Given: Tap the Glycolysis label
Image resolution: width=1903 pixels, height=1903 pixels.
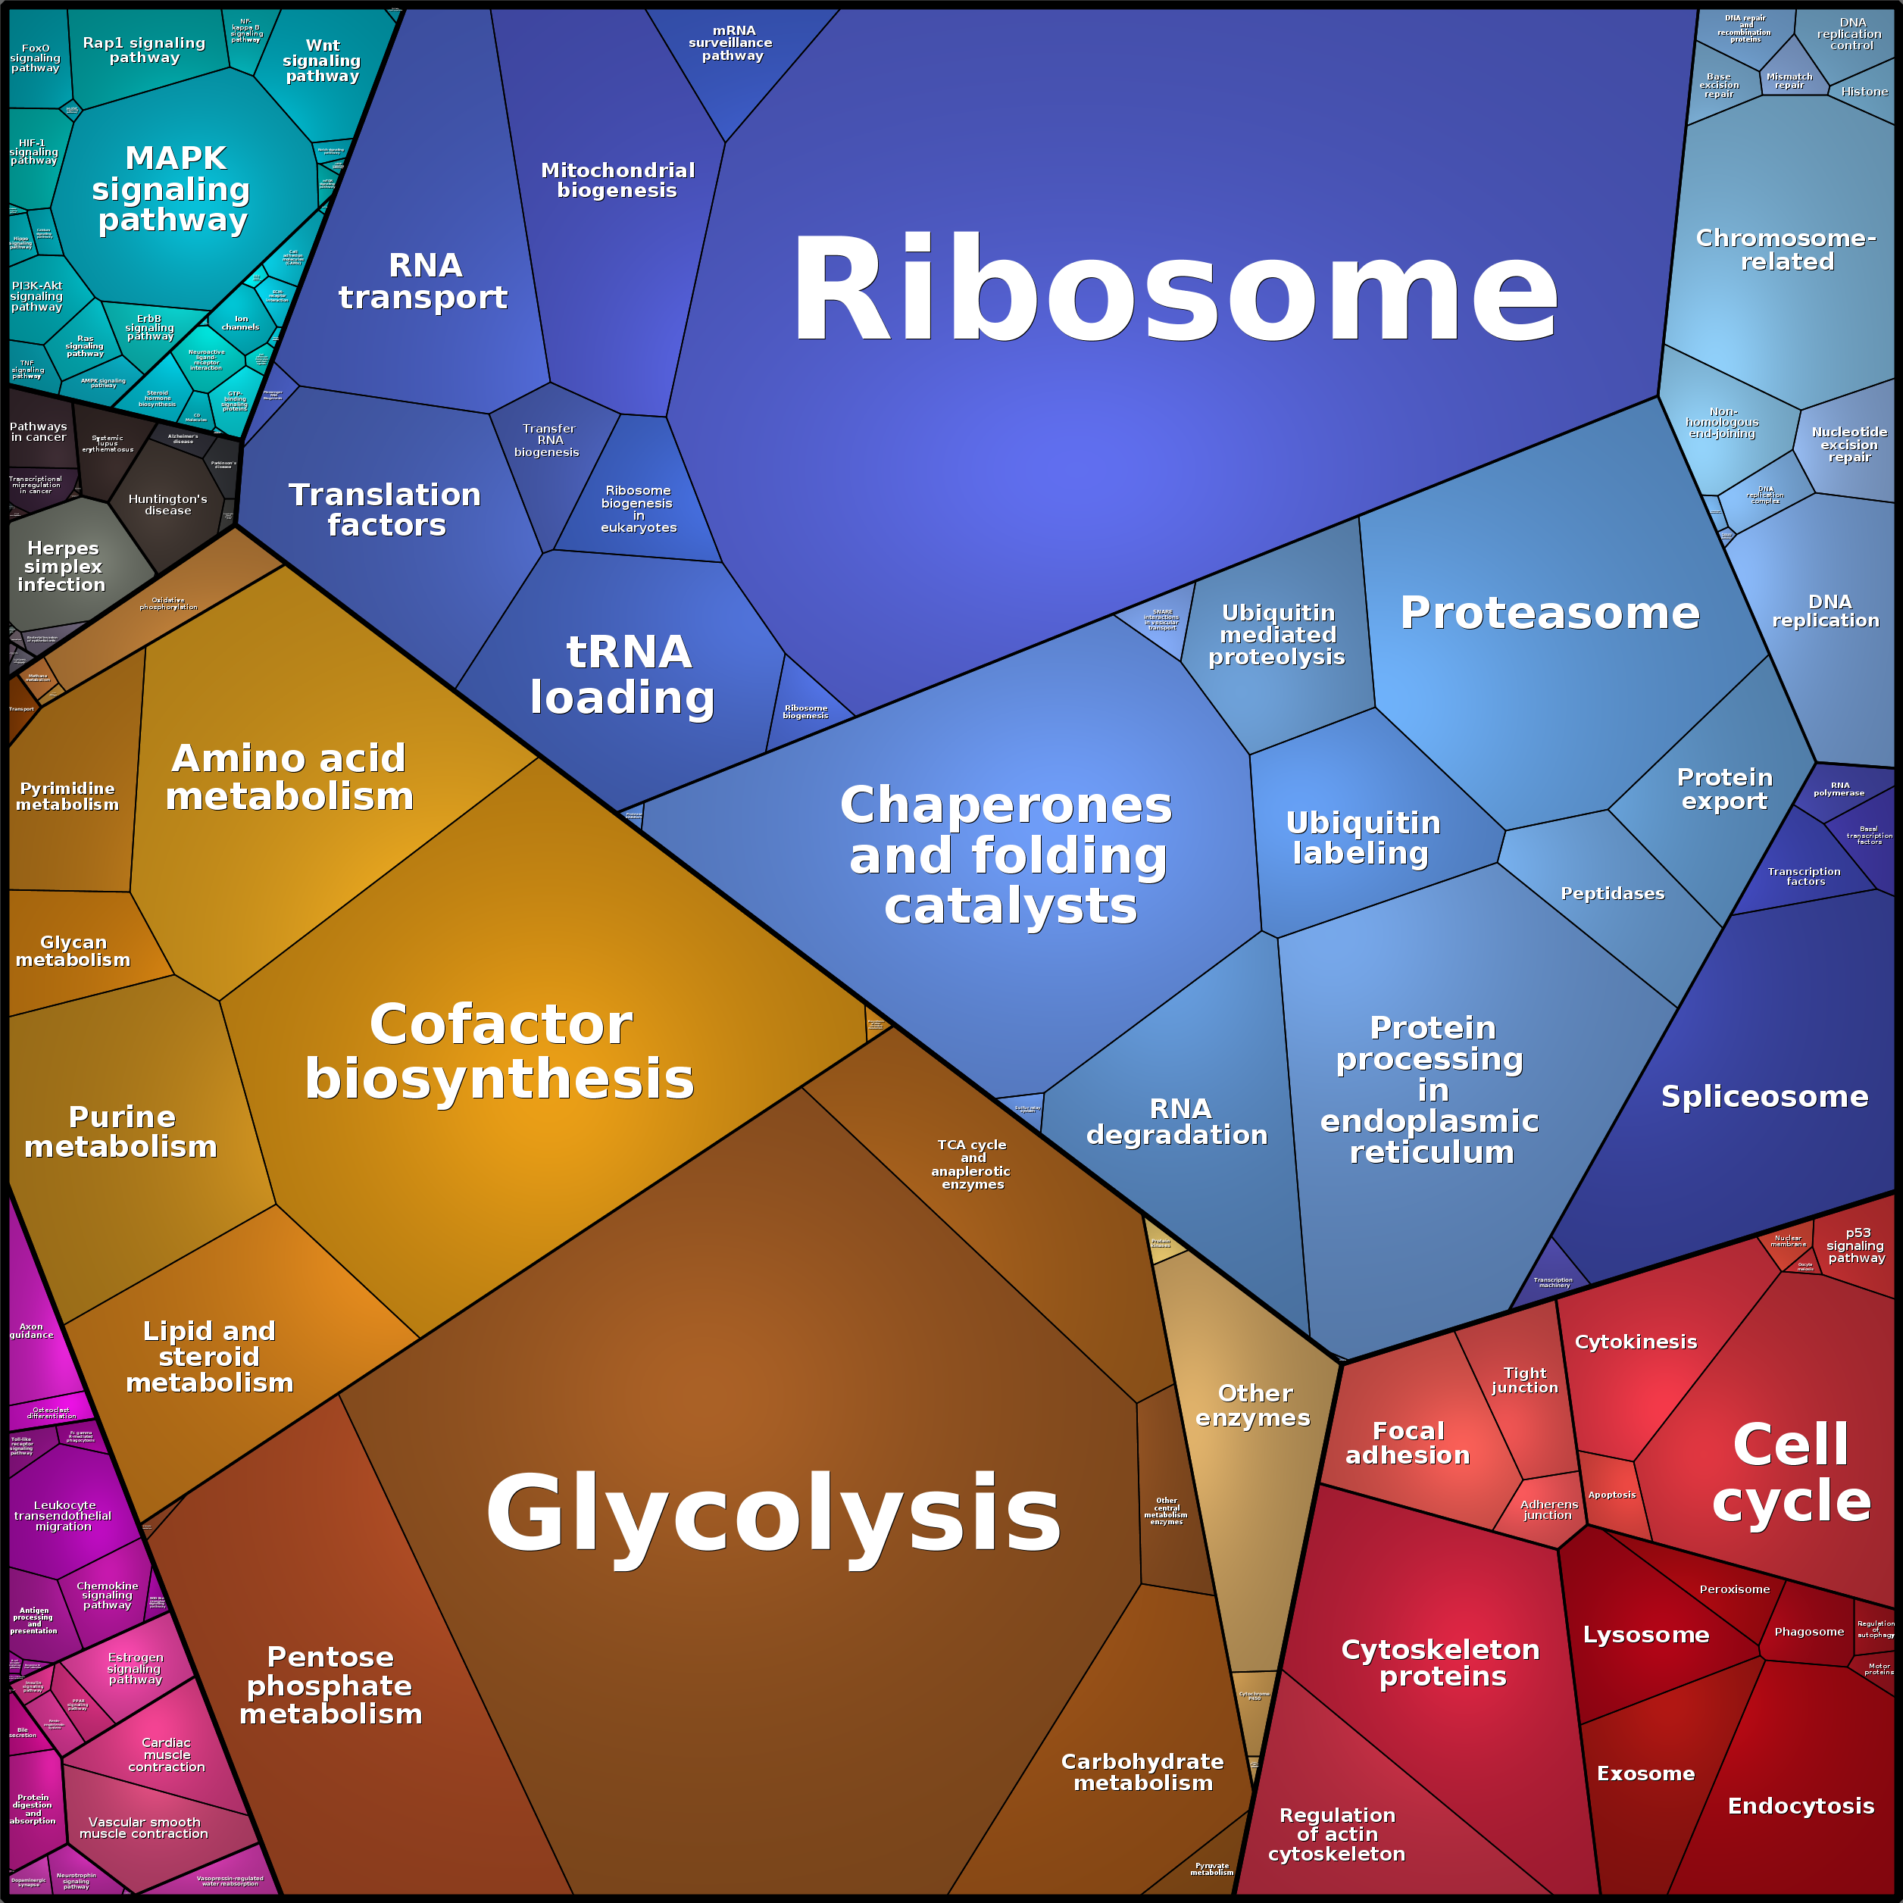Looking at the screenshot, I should coord(774,1513).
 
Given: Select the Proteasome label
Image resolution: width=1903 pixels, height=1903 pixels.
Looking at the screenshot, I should coord(1549,613).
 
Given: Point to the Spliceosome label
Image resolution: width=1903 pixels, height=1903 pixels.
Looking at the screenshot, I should coord(1764,1096).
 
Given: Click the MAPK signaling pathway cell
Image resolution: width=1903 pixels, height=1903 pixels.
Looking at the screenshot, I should coord(173,189).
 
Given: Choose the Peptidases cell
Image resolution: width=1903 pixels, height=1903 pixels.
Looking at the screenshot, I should coord(1612,893).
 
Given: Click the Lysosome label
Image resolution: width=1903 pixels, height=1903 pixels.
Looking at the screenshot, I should coord(1646,1635).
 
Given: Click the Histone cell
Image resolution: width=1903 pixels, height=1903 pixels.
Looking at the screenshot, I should coord(1864,92).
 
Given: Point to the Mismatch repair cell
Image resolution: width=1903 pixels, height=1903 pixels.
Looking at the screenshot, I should coord(1789,81).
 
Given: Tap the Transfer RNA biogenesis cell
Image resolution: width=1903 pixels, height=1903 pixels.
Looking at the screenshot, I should coord(548,440).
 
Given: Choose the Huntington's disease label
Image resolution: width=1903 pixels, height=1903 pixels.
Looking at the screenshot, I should coord(167,505).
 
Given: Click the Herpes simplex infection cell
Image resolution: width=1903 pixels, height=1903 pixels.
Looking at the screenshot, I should coord(62,567).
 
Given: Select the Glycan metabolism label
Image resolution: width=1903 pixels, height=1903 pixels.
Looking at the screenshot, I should coord(73,951).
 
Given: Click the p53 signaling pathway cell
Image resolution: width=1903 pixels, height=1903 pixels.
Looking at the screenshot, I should coord(1857,1246).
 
